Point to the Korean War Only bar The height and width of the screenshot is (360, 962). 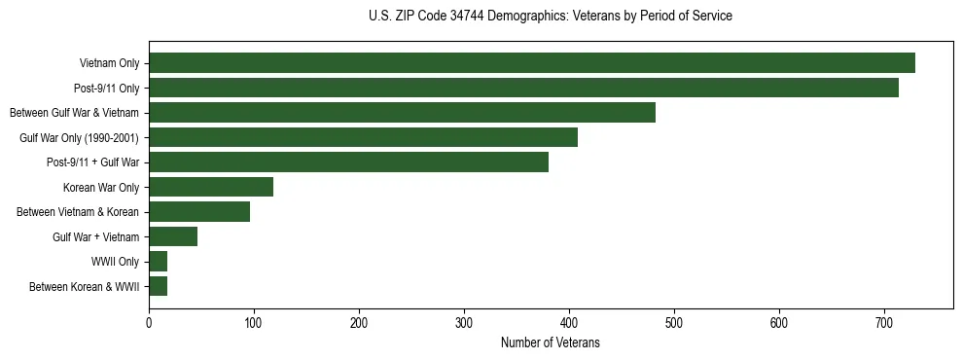pos(211,187)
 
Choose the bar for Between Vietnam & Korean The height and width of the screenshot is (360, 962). pos(199,212)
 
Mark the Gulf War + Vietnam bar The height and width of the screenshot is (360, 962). pos(173,236)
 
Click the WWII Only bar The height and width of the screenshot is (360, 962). pos(159,261)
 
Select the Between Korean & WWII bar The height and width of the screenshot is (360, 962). pos(159,286)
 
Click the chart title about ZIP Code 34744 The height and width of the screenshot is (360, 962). pos(551,17)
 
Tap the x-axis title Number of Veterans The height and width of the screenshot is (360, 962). pos(551,343)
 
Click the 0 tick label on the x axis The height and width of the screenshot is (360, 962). pos(149,323)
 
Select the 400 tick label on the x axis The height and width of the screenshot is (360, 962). pos(569,323)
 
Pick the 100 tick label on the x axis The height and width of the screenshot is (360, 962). pos(254,323)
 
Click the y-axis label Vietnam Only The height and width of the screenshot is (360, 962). pos(109,64)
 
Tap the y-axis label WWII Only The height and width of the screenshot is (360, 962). pos(116,262)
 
